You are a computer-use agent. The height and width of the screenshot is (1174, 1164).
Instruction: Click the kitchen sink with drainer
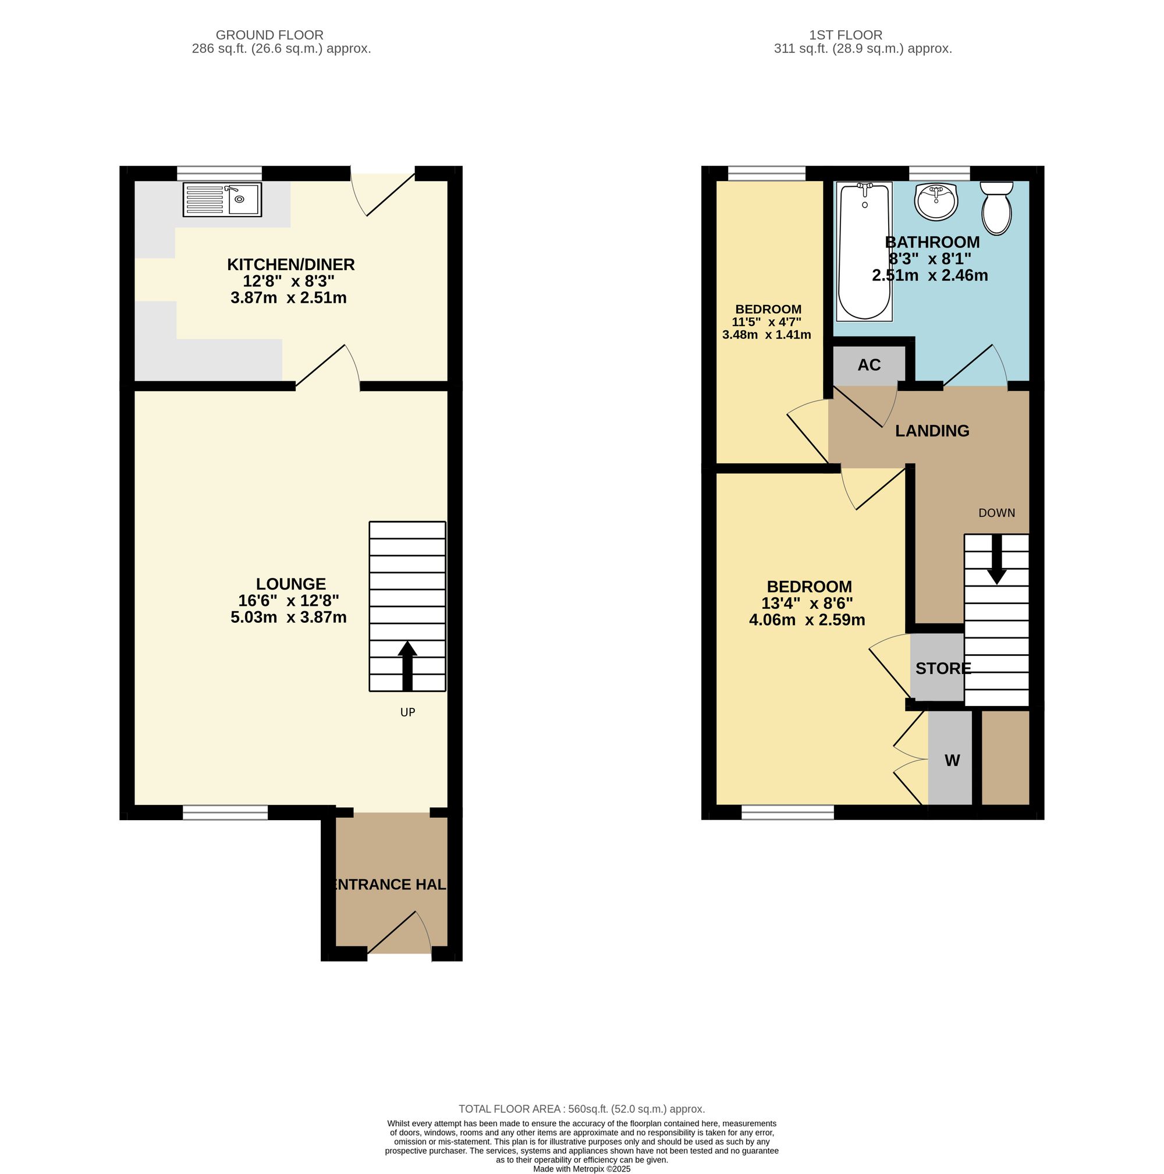pos(222,199)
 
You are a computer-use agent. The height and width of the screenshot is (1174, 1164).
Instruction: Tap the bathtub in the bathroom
pos(863,251)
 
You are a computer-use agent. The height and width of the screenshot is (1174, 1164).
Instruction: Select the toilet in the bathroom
pos(996,208)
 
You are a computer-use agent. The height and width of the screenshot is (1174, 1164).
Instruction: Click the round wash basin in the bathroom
pos(936,201)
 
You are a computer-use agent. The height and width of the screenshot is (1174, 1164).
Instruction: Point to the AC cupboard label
pos(869,365)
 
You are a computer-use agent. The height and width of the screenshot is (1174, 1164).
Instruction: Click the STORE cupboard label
pos(943,668)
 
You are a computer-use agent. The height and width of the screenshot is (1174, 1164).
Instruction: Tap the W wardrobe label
pos(952,760)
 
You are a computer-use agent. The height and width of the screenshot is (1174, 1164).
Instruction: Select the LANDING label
pos(932,431)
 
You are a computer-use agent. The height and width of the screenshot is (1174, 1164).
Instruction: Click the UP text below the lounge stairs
pos(407,712)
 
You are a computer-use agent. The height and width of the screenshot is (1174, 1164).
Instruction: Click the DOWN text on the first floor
pos(996,513)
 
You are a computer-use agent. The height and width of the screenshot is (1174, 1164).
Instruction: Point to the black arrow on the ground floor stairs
pos(407,665)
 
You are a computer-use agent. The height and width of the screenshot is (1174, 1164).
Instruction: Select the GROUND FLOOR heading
pos(269,36)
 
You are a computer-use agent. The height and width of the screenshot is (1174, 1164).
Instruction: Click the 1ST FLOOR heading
pos(845,36)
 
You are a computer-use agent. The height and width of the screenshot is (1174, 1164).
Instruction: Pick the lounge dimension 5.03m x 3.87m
pos(289,618)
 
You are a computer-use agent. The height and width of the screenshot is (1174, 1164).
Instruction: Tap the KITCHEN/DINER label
pos(290,264)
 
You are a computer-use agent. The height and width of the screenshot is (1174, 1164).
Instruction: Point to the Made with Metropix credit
pos(581,1169)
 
